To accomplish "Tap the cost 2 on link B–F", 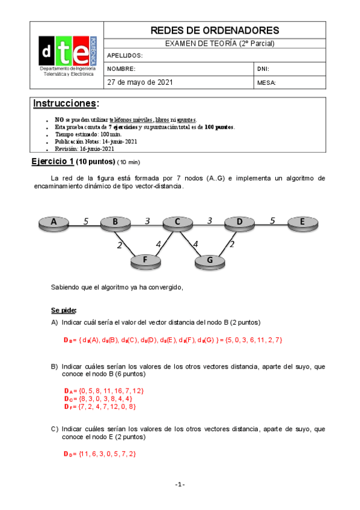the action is tap(120, 245).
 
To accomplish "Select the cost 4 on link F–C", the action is tap(159, 244).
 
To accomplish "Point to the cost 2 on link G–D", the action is tap(232, 244).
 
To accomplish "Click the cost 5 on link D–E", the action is tap(272, 221).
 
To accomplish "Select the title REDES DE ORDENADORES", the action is tap(215, 31).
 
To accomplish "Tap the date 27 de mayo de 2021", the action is tap(140, 82).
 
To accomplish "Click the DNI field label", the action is tap(263, 69).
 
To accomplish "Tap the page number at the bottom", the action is tap(180, 485).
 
